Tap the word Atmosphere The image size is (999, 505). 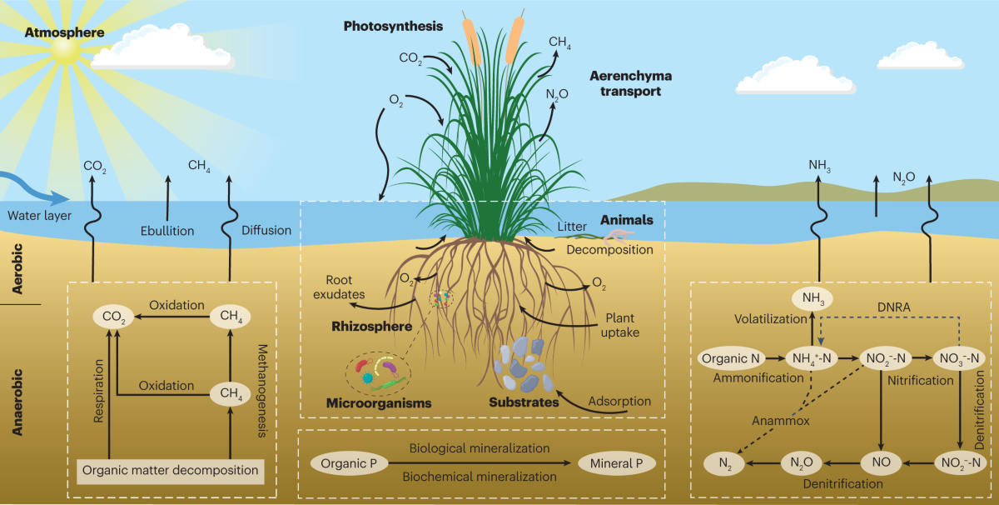pos(65,33)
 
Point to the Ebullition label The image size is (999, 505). pos(166,231)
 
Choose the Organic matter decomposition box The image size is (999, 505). pos(171,470)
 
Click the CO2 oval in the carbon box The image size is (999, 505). pos(112,317)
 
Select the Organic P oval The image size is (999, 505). pos(344,462)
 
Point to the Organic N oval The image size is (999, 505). pos(732,359)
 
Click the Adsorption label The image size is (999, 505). pos(619,402)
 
